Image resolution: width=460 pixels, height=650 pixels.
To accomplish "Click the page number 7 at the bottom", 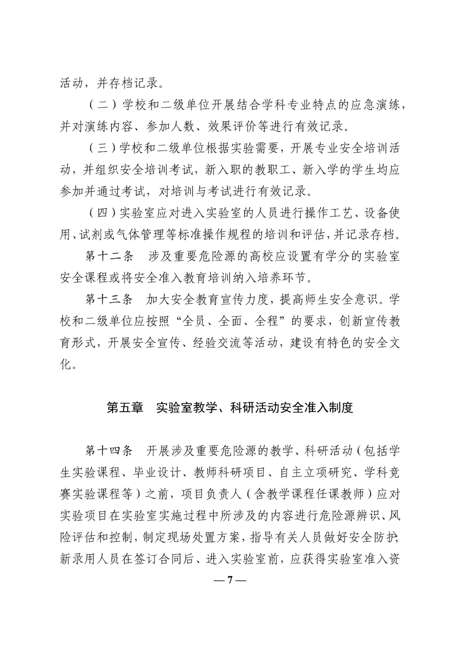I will tap(230, 580).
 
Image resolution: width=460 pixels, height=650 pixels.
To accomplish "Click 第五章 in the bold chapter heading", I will tap(124, 407).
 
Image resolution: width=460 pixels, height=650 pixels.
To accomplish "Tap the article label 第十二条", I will tap(109, 256).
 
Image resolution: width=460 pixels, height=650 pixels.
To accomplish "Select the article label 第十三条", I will tap(109, 300).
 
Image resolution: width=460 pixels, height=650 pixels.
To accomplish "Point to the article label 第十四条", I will tap(109, 451).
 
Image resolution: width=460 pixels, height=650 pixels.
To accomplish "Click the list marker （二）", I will tap(100, 105).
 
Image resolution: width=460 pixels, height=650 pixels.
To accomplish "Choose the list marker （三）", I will tap(100, 148).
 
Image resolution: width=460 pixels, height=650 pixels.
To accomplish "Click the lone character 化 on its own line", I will tap(66, 364).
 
